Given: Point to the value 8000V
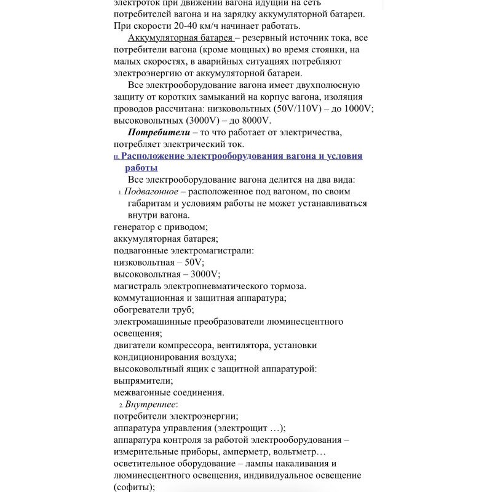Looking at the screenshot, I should [254, 121].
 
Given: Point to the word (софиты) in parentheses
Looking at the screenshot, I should [133, 488].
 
